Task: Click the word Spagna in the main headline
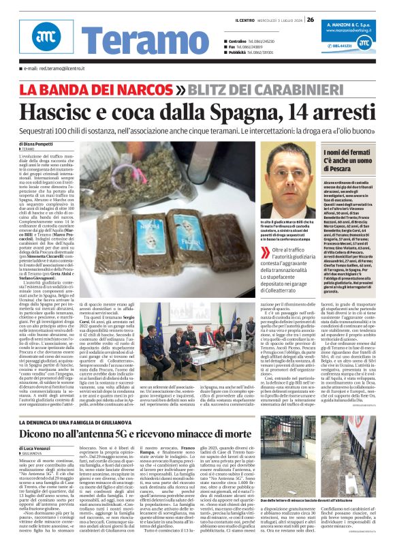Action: pos(247,110)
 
